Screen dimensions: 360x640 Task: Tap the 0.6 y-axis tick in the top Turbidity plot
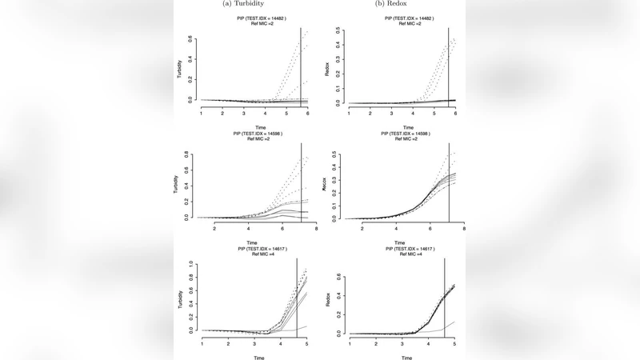191,38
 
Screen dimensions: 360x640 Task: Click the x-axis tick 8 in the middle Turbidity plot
316,230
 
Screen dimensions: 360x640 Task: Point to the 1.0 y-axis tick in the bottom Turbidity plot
191,263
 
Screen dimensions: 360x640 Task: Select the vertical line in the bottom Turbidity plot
298,296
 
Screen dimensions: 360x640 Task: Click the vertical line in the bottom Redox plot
445,296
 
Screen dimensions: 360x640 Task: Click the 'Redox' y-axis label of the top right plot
327,70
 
